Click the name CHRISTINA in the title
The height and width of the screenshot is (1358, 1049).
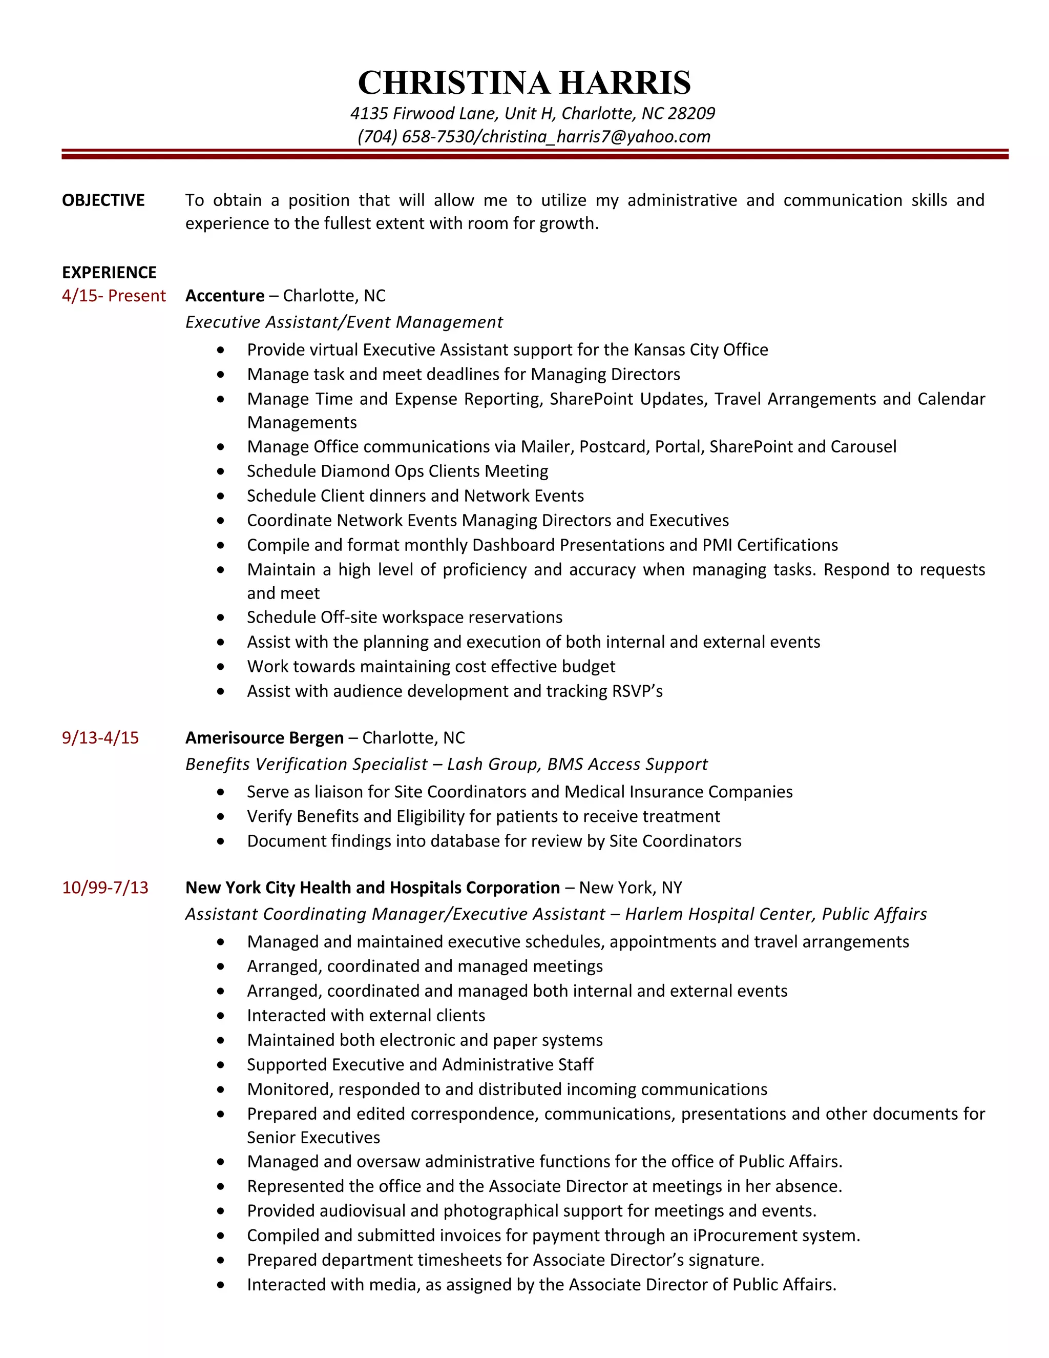454,83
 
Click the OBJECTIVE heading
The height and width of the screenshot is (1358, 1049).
103,200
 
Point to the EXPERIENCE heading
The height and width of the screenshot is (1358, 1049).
110,272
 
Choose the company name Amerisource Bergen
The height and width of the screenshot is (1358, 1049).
264,737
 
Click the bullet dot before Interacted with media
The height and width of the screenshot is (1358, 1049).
221,1285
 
